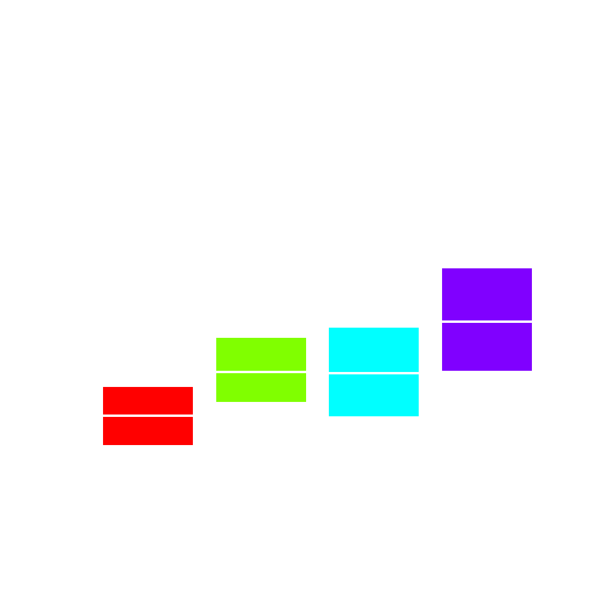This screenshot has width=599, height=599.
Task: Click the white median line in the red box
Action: (x=148, y=416)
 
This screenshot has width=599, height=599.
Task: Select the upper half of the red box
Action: (x=148, y=401)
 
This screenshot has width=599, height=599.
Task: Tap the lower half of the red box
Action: (x=148, y=431)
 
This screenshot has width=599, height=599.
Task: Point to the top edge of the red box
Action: (x=148, y=387)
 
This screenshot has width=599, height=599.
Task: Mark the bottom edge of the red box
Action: (x=148, y=444)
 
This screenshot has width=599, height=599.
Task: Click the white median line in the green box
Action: (x=261, y=372)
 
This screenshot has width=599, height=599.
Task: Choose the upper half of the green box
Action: (x=261, y=355)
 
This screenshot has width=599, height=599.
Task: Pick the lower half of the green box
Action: (x=261, y=388)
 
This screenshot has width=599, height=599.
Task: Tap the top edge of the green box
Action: (x=261, y=338)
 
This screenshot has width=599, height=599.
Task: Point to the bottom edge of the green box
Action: (x=261, y=401)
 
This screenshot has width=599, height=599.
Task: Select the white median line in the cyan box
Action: (x=374, y=373)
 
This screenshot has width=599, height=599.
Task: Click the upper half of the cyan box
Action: (x=374, y=350)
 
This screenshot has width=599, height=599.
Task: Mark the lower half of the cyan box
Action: (x=374, y=395)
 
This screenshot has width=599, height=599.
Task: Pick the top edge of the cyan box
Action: (x=374, y=328)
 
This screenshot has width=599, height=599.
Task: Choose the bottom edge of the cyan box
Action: (x=374, y=416)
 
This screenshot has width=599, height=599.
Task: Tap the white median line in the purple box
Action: (x=487, y=322)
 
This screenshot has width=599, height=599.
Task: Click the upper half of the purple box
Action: (x=487, y=294)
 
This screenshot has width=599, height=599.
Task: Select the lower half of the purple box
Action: (x=487, y=347)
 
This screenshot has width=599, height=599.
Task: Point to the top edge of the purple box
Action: (x=487, y=268)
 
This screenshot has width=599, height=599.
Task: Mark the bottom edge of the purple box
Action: (x=487, y=370)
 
